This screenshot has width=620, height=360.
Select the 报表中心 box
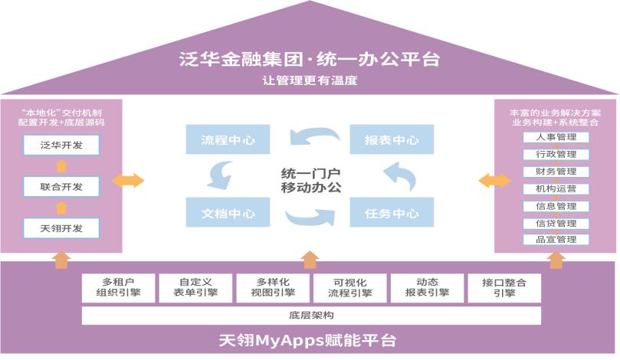tap(392, 140)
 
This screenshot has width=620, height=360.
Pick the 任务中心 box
tap(392, 213)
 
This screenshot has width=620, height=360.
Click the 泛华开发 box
tap(61, 145)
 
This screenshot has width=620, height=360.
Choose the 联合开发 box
tap(61, 186)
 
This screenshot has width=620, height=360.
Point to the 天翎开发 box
tap(61, 227)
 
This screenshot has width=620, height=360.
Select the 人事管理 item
tap(556, 138)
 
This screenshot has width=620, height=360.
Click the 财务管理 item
tap(556, 172)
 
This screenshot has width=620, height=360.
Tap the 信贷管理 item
tap(556, 223)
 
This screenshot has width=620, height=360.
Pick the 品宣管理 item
tap(556, 240)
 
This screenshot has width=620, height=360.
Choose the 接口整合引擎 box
tap(504, 287)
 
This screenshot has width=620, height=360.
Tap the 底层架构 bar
tap(311, 316)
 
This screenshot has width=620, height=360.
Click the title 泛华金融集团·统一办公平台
tap(310, 60)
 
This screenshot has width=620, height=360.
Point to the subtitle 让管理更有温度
tap(310, 80)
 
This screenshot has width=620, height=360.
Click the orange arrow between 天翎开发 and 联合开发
tap(61, 208)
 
